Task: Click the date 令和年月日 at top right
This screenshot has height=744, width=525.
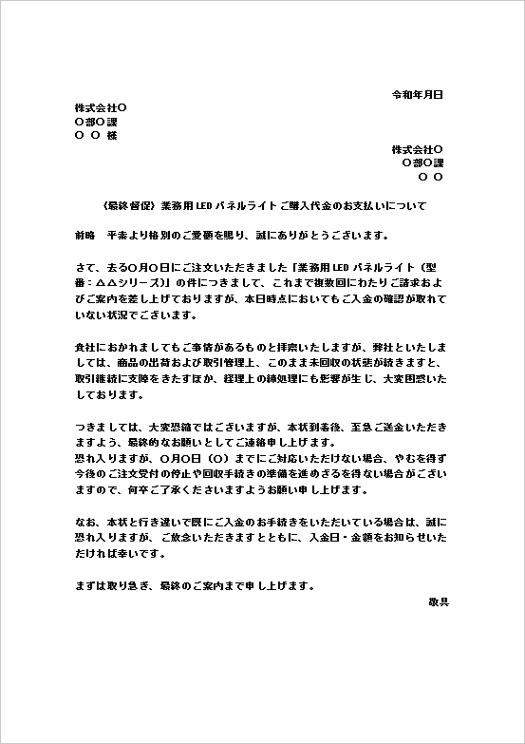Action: (x=418, y=95)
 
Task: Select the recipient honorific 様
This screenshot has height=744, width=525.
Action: (x=112, y=136)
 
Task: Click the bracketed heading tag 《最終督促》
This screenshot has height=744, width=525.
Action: (x=128, y=205)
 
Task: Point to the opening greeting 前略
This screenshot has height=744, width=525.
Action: (x=84, y=234)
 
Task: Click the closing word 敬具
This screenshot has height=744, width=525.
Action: (x=440, y=602)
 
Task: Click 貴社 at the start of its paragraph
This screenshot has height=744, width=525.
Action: (x=84, y=347)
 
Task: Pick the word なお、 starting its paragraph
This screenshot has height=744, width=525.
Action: (x=84, y=523)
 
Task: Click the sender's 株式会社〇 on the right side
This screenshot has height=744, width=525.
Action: (x=418, y=149)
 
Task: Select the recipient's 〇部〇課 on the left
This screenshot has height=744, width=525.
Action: (x=94, y=122)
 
